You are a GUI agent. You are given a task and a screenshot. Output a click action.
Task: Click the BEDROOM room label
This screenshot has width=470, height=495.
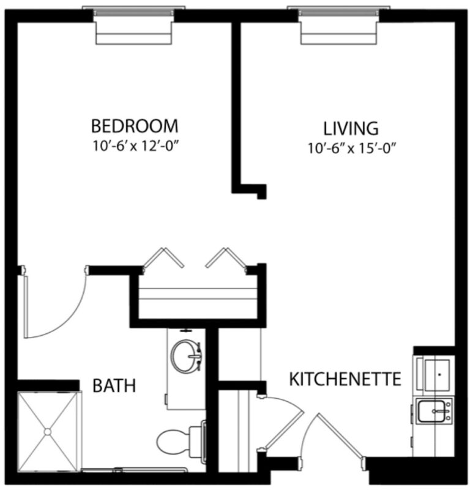click(x=135, y=126)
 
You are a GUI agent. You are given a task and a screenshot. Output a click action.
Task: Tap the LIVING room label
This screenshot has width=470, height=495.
click(x=351, y=129)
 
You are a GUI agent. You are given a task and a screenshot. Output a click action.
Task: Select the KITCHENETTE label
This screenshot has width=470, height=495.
click(x=345, y=379)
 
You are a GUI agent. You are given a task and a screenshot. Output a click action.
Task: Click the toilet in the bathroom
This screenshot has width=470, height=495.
click(x=177, y=440)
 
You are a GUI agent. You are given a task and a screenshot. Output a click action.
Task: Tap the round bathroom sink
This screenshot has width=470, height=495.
click(x=187, y=355)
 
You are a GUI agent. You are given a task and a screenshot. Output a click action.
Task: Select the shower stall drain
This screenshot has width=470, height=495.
click(x=47, y=431)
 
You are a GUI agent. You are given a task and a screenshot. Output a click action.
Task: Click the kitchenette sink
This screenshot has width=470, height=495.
click(x=434, y=410)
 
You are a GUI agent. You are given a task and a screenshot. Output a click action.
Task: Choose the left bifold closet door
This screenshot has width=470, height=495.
click(x=162, y=259)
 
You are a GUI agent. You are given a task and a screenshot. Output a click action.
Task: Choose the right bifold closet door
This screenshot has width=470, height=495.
click(x=225, y=259)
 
